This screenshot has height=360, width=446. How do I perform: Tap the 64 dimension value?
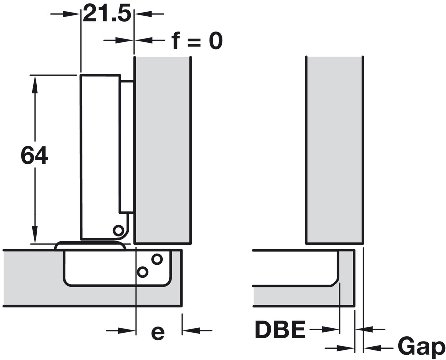34,155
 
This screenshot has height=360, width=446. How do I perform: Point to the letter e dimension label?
158,333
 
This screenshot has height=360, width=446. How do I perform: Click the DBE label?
280,329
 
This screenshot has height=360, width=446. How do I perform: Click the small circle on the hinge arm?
118,230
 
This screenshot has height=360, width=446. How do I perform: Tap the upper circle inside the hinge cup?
157,259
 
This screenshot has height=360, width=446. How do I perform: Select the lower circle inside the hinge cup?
142,272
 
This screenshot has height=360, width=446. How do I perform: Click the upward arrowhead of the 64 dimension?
35,84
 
